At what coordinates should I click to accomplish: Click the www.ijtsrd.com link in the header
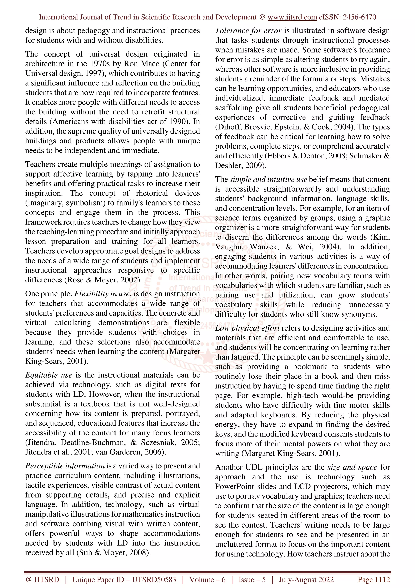click(x=292, y=17)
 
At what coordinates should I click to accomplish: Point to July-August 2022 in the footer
click(x=306, y=579)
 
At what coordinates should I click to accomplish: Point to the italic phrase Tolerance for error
click(x=248, y=31)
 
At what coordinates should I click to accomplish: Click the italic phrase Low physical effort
click(x=247, y=328)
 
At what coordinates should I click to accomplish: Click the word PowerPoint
click(x=234, y=487)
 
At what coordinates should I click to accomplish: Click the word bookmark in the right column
click(x=310, y=367)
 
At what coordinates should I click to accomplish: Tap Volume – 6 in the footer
click(x=207, y=579)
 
